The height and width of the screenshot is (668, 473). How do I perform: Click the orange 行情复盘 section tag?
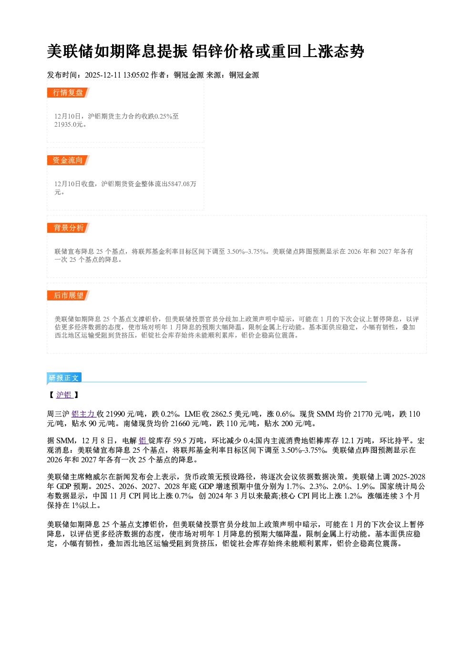(68, 92)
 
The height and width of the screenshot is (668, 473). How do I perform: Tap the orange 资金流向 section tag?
(68, 160)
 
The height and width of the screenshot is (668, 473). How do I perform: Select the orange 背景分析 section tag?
(68, 228)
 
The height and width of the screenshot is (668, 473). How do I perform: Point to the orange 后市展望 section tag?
(68, 296)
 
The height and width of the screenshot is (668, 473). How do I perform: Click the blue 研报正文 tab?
(64, 378)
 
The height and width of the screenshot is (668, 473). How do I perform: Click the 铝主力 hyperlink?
(83, 414)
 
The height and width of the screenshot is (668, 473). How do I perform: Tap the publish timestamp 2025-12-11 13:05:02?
(117, 75)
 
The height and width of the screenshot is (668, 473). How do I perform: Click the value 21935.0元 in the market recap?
(69, 125)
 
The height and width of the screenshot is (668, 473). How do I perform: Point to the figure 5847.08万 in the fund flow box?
(182, 184)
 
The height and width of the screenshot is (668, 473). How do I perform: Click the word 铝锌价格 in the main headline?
(223, 51)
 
